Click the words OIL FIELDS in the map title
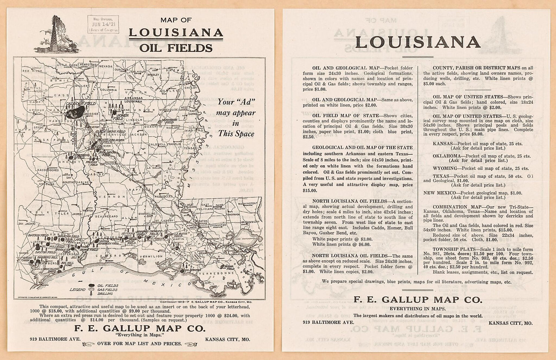coord(176,48)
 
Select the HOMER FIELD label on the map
coord(123,115)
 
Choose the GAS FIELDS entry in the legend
coord(107,289)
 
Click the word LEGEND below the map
coord(78,289)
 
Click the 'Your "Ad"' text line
coord(236,102)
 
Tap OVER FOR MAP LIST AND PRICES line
coord(139,344)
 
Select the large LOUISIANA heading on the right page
coord(418,42)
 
